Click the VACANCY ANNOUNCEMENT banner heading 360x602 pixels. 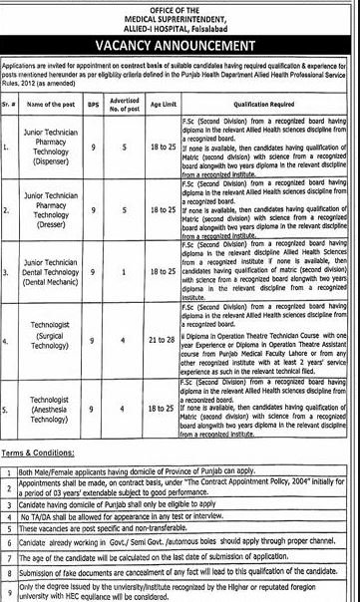(x=180, y=47)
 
